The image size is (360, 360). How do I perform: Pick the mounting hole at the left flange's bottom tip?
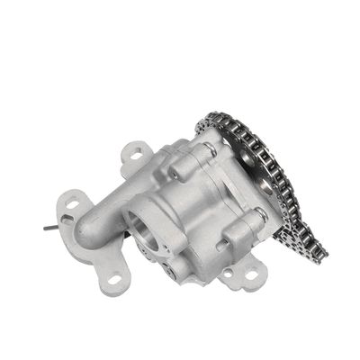tap(114, 280)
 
